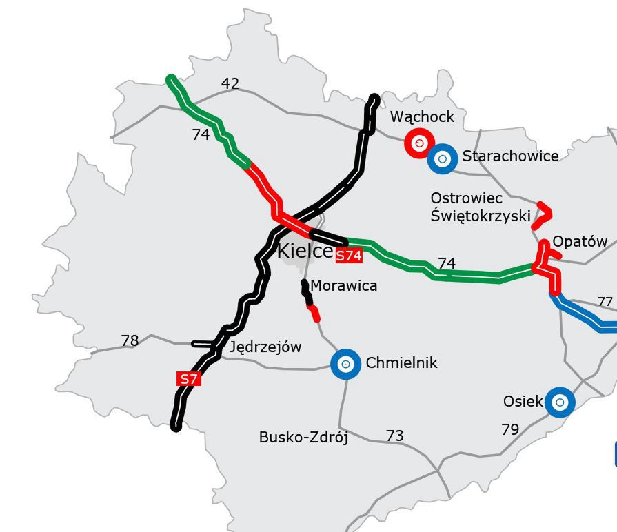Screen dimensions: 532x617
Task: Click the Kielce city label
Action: point(305,251)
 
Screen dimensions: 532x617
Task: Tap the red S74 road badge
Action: point(349,256)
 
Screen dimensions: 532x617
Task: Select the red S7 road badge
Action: point(189,378)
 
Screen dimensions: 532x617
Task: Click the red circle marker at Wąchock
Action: point(418,143)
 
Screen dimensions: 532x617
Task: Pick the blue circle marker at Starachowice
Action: point(443,158)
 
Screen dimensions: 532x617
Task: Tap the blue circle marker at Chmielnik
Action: point(346,363)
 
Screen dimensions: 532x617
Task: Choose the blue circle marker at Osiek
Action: point(560,402)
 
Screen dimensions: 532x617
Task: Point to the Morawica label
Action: point(343,285)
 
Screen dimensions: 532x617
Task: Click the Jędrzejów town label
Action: point(265,347)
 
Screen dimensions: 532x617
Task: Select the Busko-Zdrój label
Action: point(303,437)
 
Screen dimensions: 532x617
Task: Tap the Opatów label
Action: point(580,242)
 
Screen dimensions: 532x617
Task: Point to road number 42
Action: point(230,83)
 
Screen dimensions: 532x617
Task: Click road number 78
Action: point(130,340)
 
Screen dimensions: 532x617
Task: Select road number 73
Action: point(394,436)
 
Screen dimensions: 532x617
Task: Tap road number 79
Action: point(509,430)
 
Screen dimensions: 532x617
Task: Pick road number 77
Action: point(605,302)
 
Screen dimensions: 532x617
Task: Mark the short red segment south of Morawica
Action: point(315,314)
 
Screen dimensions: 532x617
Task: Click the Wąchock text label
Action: point(422,117)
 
